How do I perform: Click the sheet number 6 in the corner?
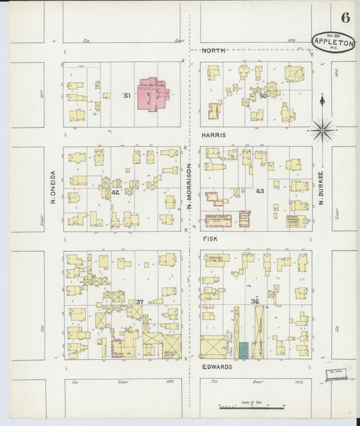click(345, 17)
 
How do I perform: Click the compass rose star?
click(323, 128)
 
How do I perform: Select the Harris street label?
click(214, 135)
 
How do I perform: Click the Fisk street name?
click(209, 238)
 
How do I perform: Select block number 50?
click(263, 97)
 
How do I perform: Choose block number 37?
click(139, 302)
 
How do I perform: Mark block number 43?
click(259, 192)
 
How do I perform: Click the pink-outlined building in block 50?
click(215, 111)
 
